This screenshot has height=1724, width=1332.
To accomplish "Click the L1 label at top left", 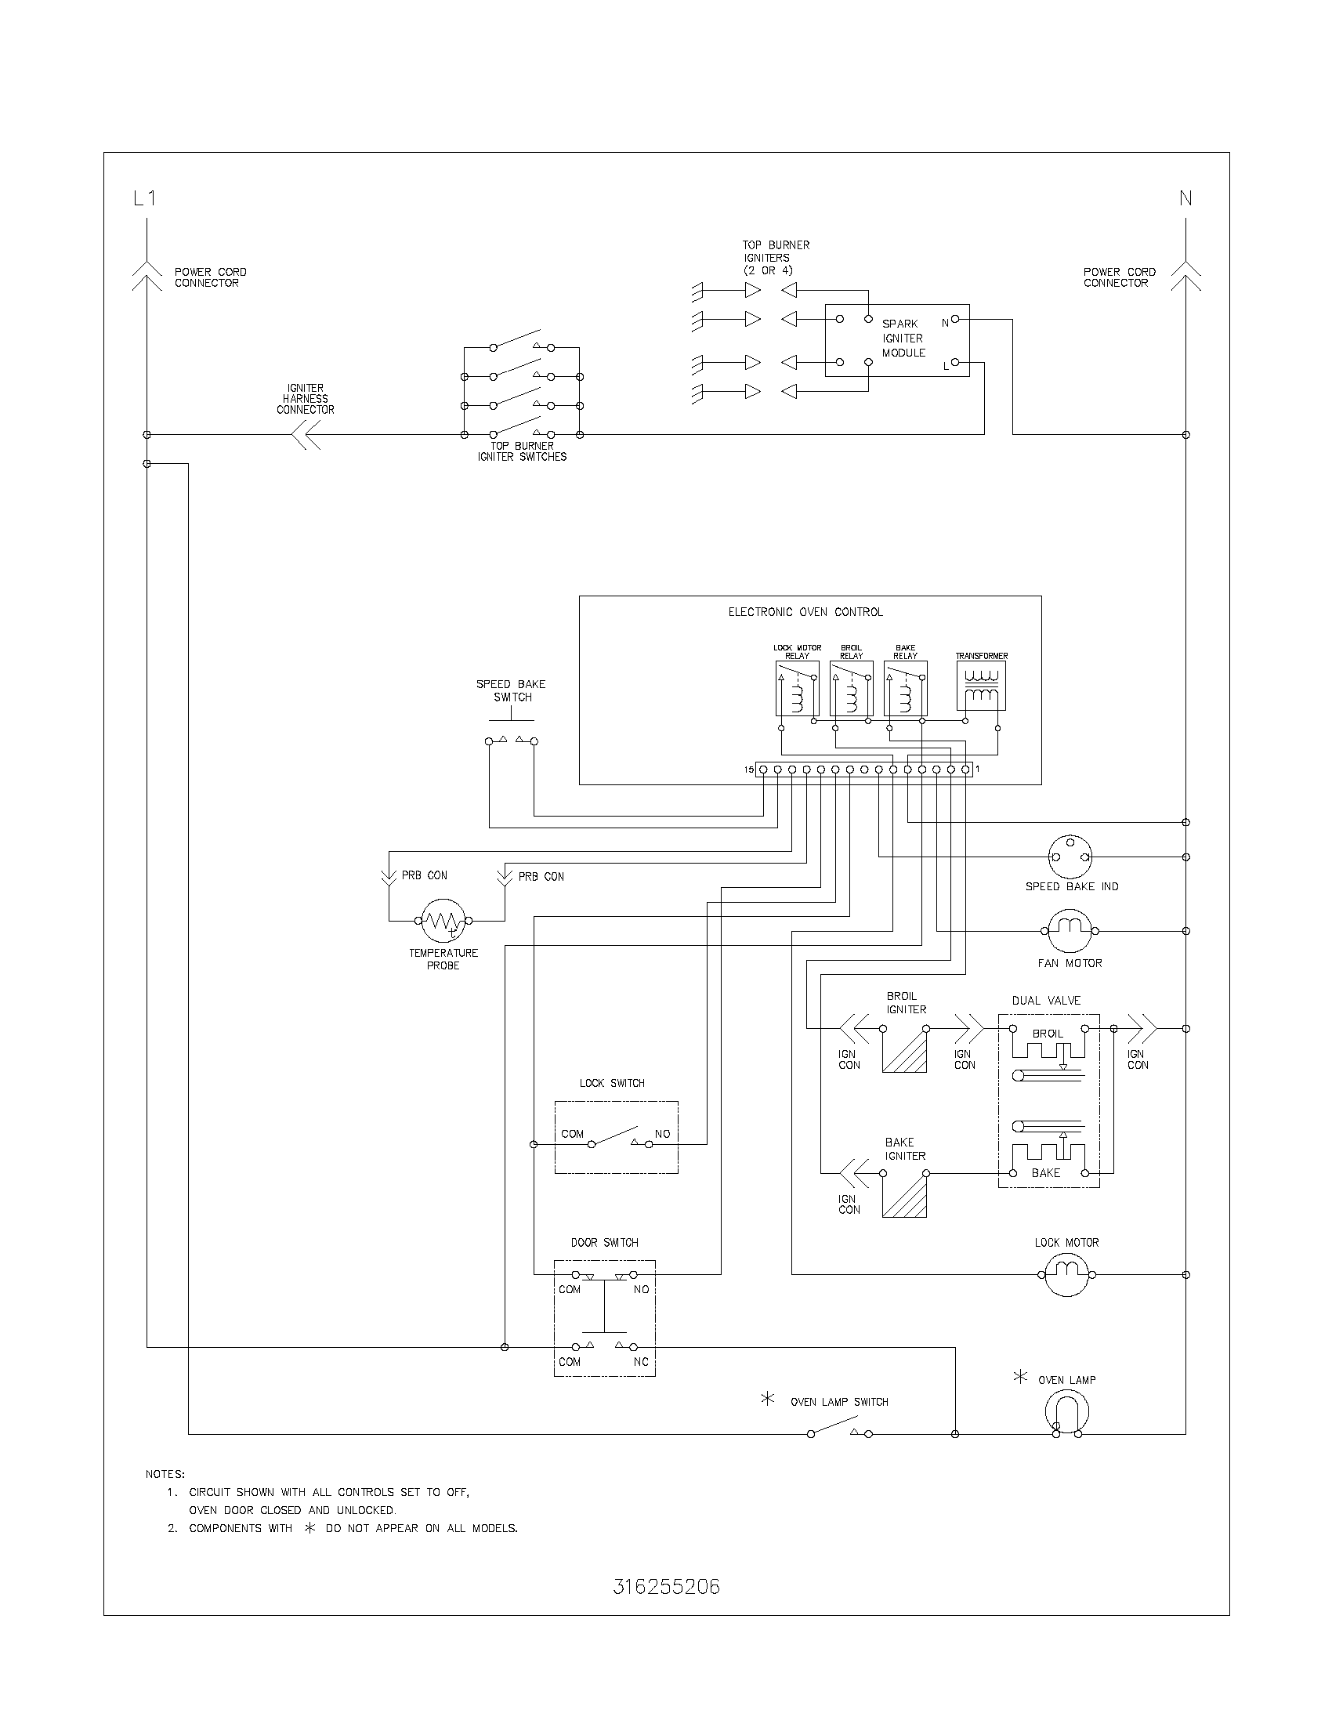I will click(x=144, y=198).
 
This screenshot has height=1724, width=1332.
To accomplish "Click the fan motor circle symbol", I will click(x=1070, y=931).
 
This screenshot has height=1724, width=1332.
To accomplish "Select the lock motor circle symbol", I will click(x=1067, y=1274).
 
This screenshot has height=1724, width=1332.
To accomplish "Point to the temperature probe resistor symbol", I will click(x=443, y=920).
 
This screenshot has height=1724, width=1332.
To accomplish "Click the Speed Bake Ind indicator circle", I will click(x=1070, y=857).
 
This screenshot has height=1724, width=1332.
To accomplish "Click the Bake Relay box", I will click(x=905, y=688).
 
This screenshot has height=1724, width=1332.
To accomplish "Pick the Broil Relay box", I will click(x=852, y=688).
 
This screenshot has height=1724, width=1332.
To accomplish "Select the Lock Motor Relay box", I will click(x=797, y=688).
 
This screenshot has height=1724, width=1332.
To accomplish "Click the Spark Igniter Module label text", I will click(x=903, y=339).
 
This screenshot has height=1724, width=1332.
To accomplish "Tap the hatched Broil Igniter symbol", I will click(x=904, y=1050).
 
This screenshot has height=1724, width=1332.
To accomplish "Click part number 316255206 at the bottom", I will click(x=666, y=1587).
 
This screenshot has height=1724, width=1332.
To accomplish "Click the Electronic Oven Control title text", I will click(x=805, y=612).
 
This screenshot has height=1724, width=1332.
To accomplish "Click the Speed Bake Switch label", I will click(x=511, y=690).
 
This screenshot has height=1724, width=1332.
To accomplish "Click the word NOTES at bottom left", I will click(x=165, y=1474).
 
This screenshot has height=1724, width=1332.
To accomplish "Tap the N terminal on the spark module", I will click(x=955, y=320).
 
